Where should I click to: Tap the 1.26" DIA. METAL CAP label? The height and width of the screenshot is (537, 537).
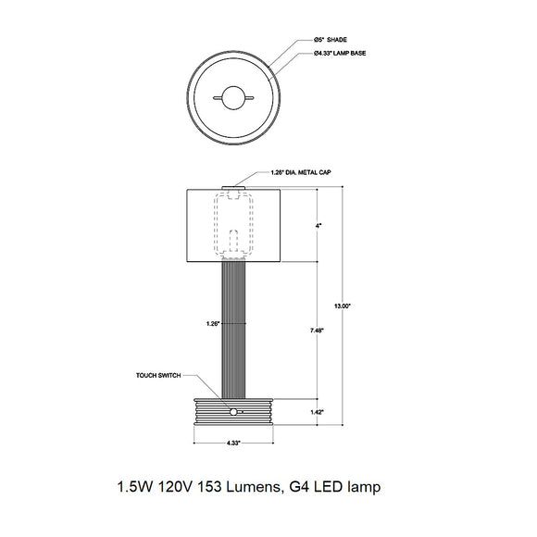coord(302,172)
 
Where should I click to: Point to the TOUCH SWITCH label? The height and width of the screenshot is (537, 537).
coord(158,377)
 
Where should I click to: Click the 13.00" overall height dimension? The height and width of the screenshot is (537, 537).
coord(343,305)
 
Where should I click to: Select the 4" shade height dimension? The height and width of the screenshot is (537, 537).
coord(319,225)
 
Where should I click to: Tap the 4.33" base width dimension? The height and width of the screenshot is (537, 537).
coord(235,443)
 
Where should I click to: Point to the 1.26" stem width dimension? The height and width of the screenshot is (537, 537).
coord(213,324)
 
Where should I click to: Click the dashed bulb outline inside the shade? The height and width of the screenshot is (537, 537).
coord(233,223)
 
